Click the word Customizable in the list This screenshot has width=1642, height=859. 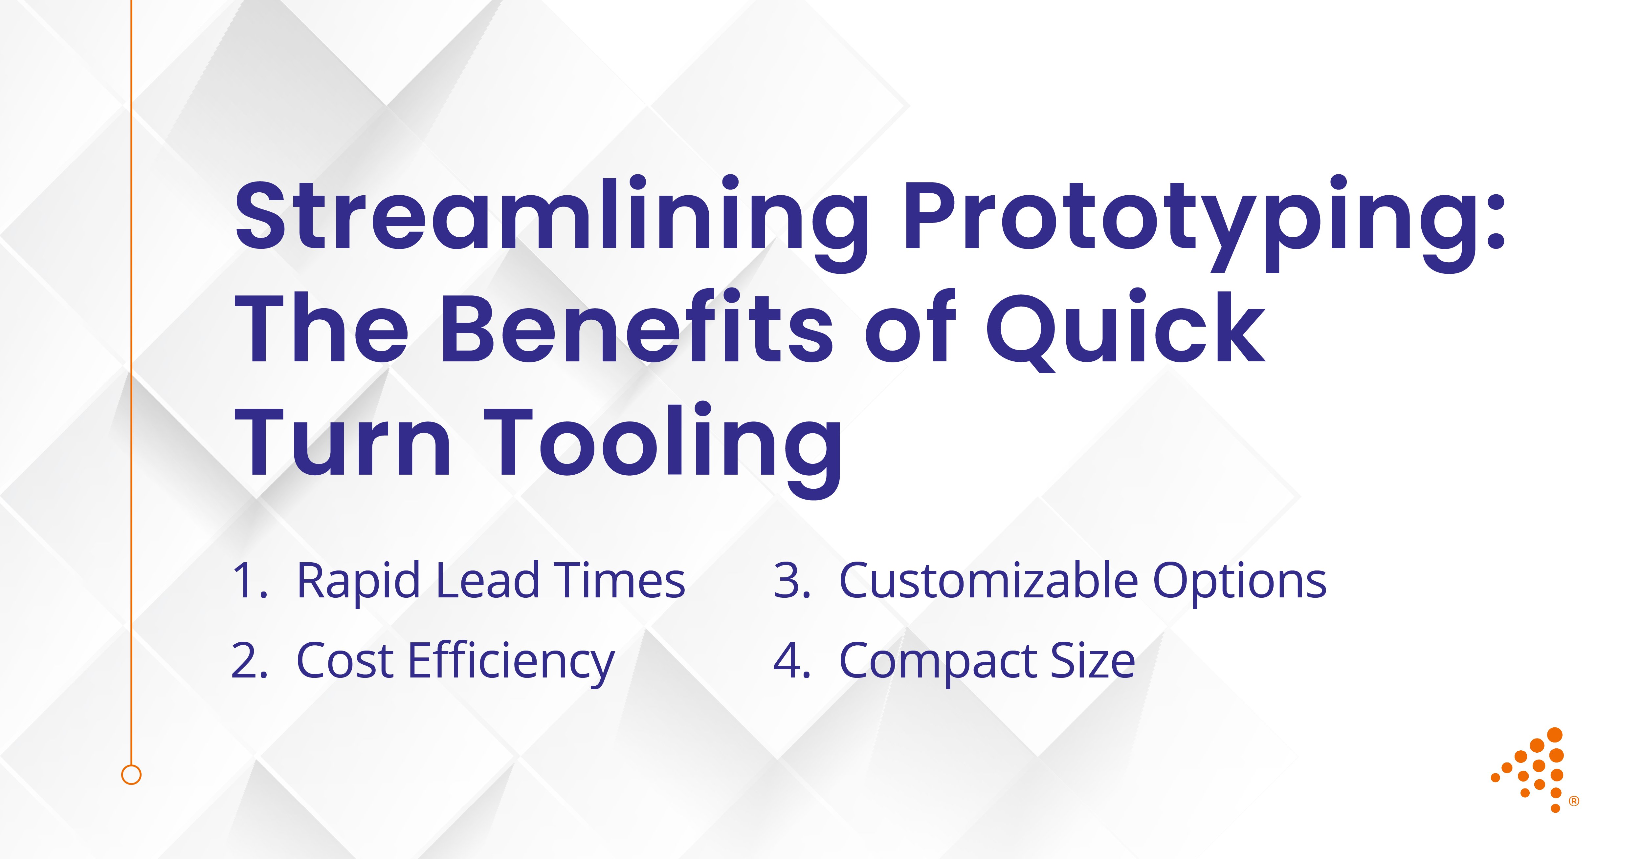[x=988, y=581]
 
